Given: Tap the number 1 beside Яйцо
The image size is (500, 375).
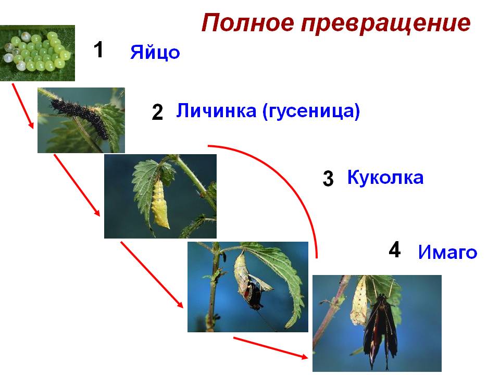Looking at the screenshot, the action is [98, 50].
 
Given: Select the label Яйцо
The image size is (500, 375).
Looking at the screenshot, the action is [155, 52].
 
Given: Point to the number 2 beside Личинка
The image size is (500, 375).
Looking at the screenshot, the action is [157, 113].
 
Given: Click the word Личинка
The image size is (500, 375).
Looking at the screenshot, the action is [216, 110].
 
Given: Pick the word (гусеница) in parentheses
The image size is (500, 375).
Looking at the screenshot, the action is [311, 111].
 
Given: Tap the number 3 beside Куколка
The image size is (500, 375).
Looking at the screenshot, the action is [328, 179].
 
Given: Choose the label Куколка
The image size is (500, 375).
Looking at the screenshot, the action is [385, 177].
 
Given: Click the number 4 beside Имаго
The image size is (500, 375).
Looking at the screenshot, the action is [395, 249].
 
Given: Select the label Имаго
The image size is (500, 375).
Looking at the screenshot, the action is [448, 252].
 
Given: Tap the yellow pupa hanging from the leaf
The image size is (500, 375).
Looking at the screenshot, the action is [160, 204].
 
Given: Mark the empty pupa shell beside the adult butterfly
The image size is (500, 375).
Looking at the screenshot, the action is [359, 302].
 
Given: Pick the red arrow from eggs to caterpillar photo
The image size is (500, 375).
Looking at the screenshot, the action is [22, 106].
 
